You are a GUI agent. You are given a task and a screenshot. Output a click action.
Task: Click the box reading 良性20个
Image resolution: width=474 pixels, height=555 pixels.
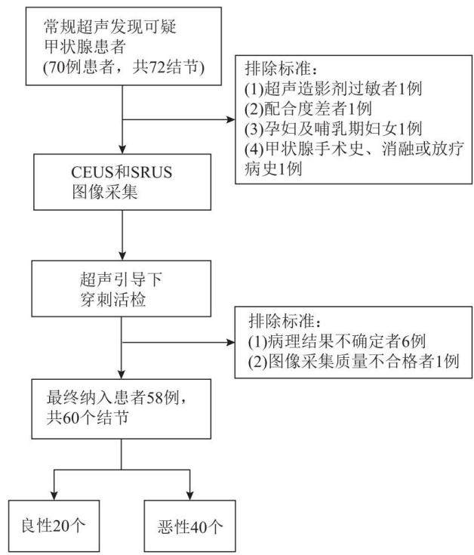(x=54, y=526)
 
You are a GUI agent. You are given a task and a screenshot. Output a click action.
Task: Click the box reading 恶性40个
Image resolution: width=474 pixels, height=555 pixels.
(x=190, y=526)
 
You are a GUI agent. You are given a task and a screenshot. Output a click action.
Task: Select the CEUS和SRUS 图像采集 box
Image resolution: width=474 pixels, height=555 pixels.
(x=122, y=182)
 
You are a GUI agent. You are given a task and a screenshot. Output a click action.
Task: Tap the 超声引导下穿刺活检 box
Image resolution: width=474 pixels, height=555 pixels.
(x=122, y=288)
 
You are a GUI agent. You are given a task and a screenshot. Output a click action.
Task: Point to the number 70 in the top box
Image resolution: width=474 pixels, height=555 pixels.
(x=57, y=67)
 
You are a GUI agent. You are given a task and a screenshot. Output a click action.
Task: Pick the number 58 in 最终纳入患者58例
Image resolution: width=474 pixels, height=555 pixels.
(x=155, y=398)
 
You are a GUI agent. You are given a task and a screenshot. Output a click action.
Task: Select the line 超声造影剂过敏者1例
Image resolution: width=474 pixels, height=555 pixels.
(x=333, y=88)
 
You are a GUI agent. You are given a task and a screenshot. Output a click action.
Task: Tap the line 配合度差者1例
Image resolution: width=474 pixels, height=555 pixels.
(x=308, y=109)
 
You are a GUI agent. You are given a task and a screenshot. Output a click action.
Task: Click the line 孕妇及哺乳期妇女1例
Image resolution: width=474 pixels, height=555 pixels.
(x=333, y=129)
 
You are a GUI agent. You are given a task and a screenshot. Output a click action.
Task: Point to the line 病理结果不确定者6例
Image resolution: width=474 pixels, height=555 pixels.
(x=337, y=341)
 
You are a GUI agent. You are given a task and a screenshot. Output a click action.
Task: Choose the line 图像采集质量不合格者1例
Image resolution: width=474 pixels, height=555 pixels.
(x=354, y=362)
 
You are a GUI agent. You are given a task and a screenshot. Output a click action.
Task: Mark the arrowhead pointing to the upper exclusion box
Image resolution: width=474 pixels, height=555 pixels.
(x=231, y=119)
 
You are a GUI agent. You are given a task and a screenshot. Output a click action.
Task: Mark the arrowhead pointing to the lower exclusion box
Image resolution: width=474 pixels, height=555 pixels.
(x=230, y=342)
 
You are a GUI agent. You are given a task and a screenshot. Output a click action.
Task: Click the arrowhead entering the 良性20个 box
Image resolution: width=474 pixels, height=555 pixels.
(x=54, y=495)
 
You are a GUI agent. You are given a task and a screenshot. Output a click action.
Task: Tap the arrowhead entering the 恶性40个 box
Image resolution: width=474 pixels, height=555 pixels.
(x=190, y=495)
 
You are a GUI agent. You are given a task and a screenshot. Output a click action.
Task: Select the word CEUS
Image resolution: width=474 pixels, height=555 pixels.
(x=93, y=172)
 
